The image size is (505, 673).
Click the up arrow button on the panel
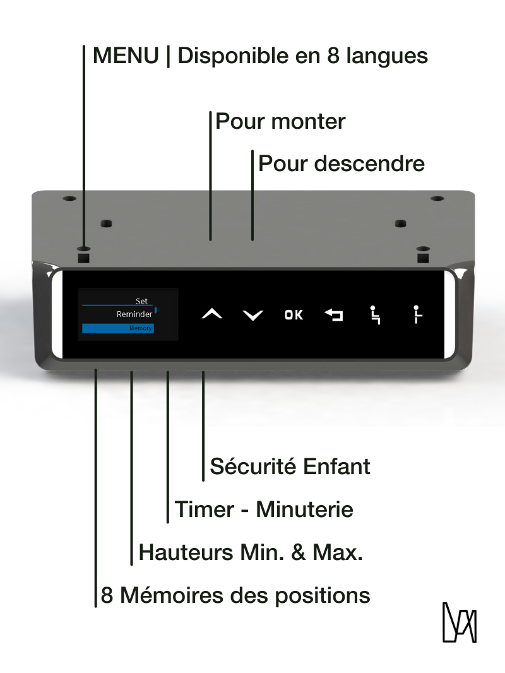[212, 314]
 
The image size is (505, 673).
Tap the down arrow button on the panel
[252, 315]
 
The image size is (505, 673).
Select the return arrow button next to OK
[334, 315]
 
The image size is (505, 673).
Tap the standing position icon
[417, 315]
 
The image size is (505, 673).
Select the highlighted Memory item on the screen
[119, 328]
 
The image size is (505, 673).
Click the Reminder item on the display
[134, 314]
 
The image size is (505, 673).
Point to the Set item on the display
[141, 301]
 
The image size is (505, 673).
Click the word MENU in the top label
[126, 56]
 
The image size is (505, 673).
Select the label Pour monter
[280, 121]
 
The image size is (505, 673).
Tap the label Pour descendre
[342, 164]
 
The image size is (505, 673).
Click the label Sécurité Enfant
[290, 467]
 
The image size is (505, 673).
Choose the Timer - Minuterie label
[264, 509]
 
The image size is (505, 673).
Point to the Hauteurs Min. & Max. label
[251, 552]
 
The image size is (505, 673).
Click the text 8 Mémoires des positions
[235, 595]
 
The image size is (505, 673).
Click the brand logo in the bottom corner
[459, 622]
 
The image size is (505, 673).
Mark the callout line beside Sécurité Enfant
[203, 426]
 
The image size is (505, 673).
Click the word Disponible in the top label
[239, 56]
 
